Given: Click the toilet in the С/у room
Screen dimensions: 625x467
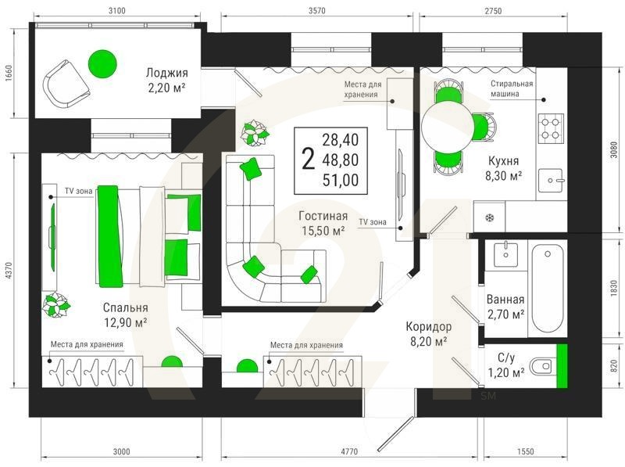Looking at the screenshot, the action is coord(541,365).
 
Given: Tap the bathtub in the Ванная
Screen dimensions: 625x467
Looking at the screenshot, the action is coord(548,288).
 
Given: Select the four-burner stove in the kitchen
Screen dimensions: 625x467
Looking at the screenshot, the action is coord(552,128).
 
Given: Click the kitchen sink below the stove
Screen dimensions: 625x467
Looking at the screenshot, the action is coord(552,180).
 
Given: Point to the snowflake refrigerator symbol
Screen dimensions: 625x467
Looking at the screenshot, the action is coord(489,218).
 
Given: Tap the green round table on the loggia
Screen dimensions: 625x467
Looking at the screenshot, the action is coord(102,64).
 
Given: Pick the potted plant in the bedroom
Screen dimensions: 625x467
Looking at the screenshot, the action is coord(56,305).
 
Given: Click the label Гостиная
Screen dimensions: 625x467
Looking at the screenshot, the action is coord(323,217).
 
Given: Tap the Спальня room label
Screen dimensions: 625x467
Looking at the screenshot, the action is coord(125,307).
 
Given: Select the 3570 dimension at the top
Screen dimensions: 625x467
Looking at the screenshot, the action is coord(317,11).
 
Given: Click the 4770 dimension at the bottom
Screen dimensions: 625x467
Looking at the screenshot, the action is coord(349,452).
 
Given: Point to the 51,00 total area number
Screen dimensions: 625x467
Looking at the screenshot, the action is coord(341,181).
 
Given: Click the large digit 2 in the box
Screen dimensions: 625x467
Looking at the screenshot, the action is coord(308,159).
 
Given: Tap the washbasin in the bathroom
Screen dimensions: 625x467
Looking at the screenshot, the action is coord(505,254).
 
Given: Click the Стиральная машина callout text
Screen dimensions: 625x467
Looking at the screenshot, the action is coord(512,88).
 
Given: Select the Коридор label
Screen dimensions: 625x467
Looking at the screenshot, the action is coord(428,326).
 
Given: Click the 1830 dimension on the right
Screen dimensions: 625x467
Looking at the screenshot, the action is coord(614,289).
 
